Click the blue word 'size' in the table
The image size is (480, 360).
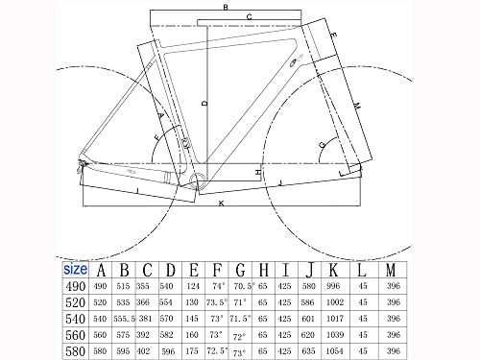(76, 270)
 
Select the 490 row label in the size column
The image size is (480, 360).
(75, 286)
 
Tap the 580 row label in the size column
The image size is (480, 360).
(75, 352)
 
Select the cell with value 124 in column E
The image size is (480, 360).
(194, 286)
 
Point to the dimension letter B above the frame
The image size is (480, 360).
(225, 8)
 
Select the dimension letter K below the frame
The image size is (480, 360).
(221, 204)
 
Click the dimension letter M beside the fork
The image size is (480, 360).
(356, 105)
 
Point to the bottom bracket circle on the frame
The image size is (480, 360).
(196, 179)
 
